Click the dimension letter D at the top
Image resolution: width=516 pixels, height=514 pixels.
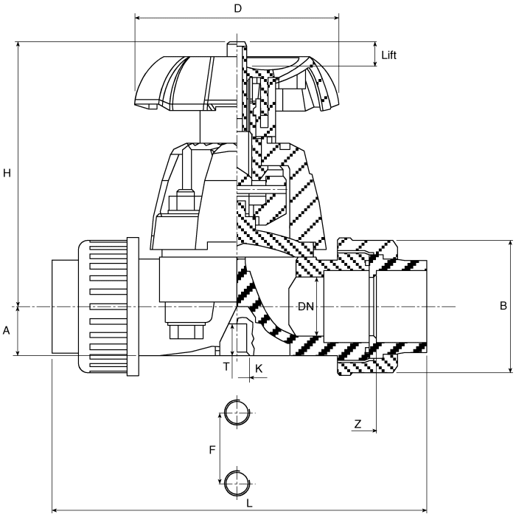tap(237, 8)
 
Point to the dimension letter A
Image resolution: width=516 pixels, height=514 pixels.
tap(7, 331)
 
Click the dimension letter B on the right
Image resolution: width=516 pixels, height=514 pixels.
tap(503, 306)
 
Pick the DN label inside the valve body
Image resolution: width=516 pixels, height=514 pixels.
tap(306, 306)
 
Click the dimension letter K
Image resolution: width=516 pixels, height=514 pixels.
tap(259, 367)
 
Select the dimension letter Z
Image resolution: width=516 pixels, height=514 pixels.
tap(358, 424)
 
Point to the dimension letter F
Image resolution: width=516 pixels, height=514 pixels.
tap(212, 448)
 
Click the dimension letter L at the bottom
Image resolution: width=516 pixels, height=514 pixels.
tap(249, 502)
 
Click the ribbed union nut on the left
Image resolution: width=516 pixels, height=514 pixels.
tap(108, 306)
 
